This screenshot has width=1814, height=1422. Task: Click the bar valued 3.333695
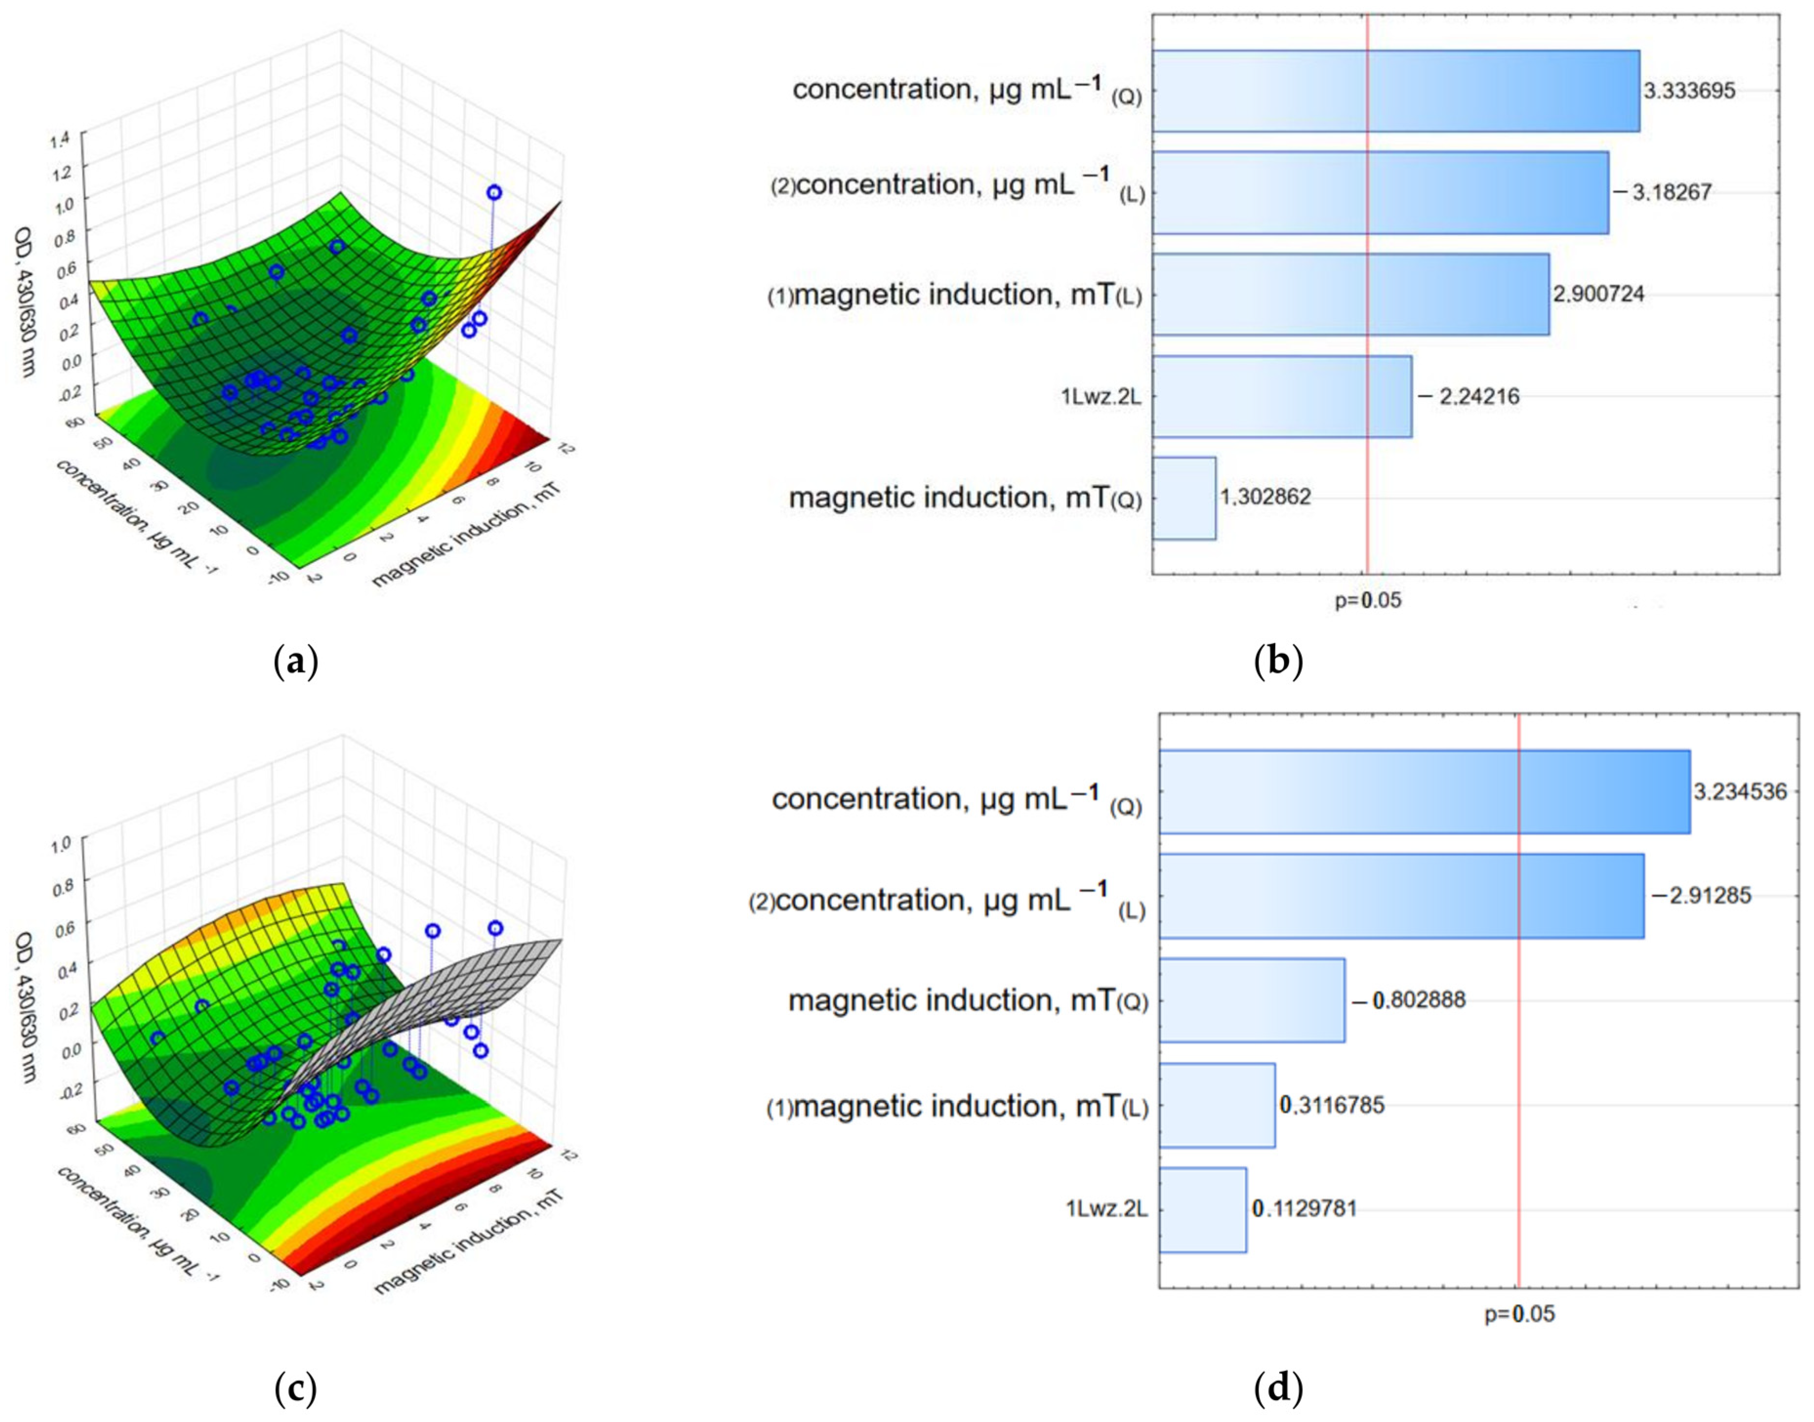click(x=1395, y=91)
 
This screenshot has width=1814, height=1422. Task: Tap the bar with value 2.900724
click(x=1350, y=294)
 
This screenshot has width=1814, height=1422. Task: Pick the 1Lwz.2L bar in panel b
click(x=1282, y=397)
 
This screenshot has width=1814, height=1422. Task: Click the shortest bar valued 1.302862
click(x=1183, y=498)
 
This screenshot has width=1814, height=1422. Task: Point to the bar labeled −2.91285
click(x=1401, y=896)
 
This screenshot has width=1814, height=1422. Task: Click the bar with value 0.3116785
click(x=1217, y=1105)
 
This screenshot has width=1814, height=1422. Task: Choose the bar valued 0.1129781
click(x=1203, y=1209)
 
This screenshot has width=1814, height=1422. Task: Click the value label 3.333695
click(x=1689, y=91)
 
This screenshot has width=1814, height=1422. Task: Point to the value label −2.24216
click(x=1468, y=397)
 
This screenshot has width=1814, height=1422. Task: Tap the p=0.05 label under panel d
click(x=1519, y=1314)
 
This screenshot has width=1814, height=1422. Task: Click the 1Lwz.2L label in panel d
click(x=1107, y=1209)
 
